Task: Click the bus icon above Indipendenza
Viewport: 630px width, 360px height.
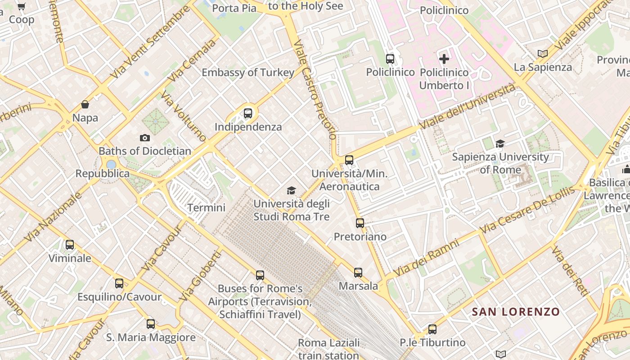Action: [248, 113]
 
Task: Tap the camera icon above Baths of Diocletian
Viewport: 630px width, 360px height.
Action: [144, 138]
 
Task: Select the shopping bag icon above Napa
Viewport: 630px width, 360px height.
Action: [85, 105]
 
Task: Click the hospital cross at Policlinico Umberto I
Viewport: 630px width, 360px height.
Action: [444, 59]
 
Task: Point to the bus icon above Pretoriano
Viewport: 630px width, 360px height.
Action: [360, 223]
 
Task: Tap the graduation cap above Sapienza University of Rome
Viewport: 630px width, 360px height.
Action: [500, 144]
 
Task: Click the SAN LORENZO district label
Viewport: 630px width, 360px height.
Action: [516, 311]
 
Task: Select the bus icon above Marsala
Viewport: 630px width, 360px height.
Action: [358, 272]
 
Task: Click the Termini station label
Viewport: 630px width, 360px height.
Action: [206, 207]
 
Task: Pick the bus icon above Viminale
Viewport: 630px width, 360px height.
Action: [70, 245]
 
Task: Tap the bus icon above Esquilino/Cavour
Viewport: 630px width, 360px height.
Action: [119, 283]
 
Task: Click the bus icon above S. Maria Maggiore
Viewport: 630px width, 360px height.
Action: [151, 324]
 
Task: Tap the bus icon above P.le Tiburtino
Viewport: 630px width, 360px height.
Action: [432, 329]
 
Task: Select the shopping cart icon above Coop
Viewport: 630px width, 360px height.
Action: [21, 7]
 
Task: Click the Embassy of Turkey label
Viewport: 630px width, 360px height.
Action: [248, 72]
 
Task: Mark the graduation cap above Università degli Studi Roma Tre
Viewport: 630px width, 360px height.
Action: [291, 191]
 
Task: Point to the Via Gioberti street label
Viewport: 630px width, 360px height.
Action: [201, 276]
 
